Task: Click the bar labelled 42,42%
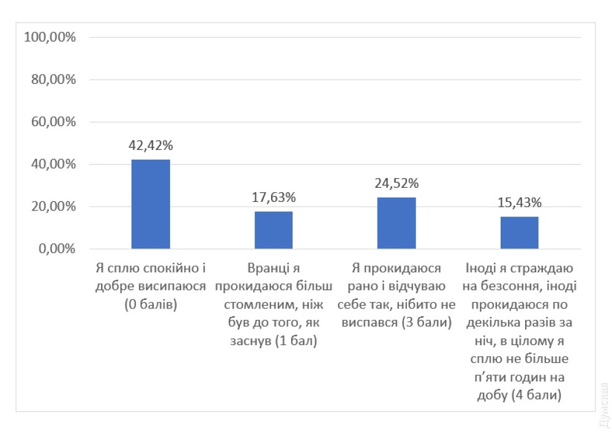[151, 204]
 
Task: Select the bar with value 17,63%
[274, 230]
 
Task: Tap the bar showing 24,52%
[397, 223]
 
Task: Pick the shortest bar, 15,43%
[520, 233]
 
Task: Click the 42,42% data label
[151, 146]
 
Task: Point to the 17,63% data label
[274, 198]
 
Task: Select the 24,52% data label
[397, 183]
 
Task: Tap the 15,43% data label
[520, 203]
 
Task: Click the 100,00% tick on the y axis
[50, 37]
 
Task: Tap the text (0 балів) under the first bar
[151, 304]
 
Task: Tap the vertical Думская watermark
[603, 404]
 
